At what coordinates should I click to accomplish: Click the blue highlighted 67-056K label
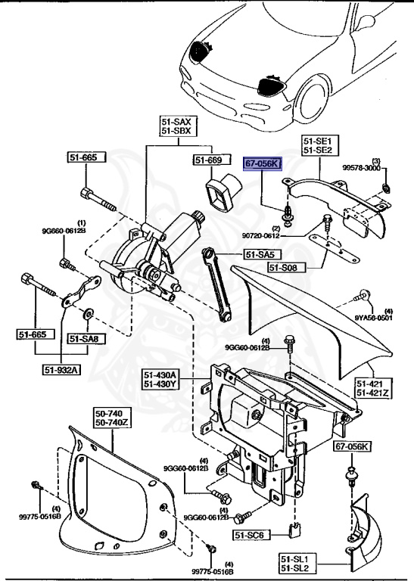(x=262, y=163)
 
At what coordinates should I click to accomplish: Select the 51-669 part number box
(x=207, y=160)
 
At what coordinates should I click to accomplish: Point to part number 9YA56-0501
(x=375, y=318)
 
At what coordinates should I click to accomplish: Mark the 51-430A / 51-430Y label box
(x=161, y=378)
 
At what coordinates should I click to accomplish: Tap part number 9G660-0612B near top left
(x=64, y=230)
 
